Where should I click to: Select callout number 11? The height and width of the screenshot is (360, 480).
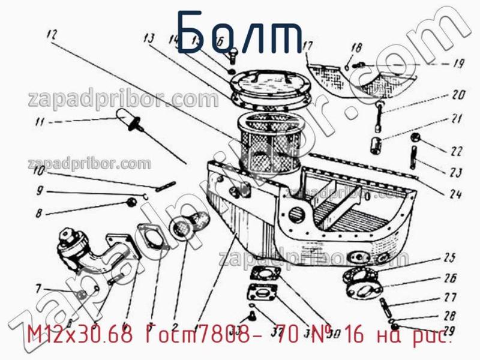(x=40, y=123)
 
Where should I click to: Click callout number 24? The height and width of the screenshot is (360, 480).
(x=454, y=193)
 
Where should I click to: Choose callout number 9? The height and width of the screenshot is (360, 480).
(x=40, y=192)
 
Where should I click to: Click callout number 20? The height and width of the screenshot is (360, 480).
(x=458, y=94)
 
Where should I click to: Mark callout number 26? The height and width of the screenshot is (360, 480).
(x=450, y=277)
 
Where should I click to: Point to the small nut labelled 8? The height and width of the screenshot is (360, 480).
(x=131, y=202)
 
